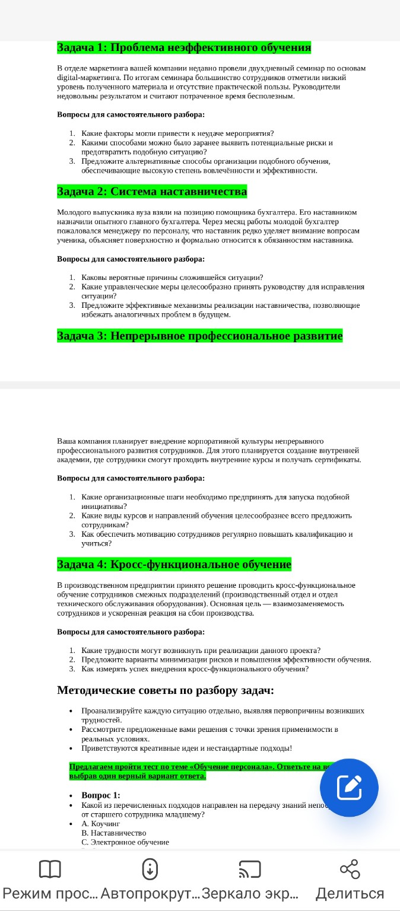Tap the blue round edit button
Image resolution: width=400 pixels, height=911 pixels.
tap(349, 788)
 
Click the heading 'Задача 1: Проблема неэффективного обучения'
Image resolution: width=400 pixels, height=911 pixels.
tap(184, 47)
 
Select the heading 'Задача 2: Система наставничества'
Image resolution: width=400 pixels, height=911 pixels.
tap(152, 192)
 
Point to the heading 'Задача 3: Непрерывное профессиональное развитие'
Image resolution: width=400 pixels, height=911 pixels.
tap(200, 336)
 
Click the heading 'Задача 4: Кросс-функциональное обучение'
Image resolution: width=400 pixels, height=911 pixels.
tap(174, 564)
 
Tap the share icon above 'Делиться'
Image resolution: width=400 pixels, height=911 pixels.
tap(350, 869)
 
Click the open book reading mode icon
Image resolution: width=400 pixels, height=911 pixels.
tap(50, 869)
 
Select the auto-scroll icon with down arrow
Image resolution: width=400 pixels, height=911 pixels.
tap(150, 869)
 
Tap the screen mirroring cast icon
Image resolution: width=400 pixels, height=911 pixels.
tap(250, 869)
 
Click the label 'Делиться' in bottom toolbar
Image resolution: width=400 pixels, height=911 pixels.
tap(350, 894)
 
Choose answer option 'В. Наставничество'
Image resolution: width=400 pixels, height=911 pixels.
tap(114, 833)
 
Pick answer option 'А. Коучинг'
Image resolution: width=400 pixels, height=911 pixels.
tap(101, 824)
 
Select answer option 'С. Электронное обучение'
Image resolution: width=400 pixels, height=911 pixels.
tap(125, 842)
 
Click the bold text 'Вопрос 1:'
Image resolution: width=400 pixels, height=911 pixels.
tap(101, 795)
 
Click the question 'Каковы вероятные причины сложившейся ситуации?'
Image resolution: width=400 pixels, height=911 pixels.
tap(172, 278)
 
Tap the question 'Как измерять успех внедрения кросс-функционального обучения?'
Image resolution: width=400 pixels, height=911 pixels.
tap(195, 669)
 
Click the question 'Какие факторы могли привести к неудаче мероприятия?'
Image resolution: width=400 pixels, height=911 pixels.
tap(177, 133)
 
